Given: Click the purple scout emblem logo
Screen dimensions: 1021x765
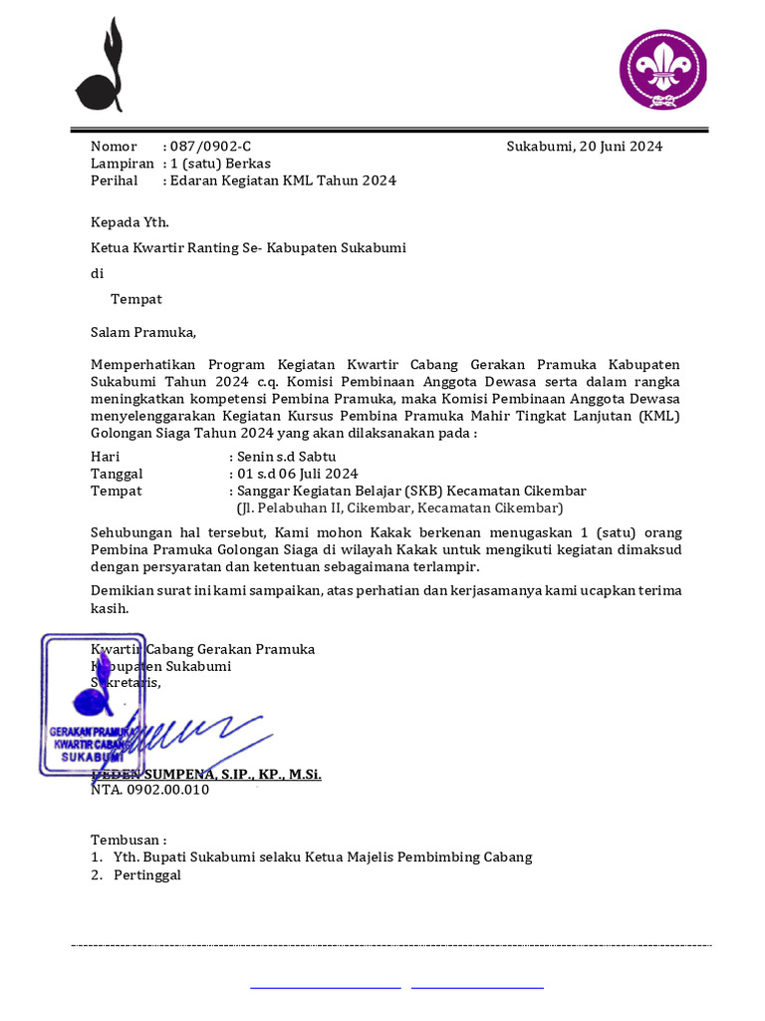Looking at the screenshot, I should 663,70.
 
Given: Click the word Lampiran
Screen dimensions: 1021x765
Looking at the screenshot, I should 123,164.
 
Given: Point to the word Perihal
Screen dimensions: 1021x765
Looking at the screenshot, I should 115,180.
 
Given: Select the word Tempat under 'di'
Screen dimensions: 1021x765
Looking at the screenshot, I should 136,299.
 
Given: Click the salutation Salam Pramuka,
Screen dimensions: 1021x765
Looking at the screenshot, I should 144,332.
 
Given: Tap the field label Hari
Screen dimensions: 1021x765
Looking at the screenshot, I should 105,457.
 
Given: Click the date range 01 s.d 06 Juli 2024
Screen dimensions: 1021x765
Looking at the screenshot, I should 297,474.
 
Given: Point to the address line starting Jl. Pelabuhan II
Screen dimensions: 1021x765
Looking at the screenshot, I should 399,508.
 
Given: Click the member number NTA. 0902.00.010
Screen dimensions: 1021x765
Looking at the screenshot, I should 150,790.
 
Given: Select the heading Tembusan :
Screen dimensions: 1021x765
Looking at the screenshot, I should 129,841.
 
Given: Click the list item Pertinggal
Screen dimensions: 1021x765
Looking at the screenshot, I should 147,875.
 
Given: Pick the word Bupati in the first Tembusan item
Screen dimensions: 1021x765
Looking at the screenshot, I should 167,857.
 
